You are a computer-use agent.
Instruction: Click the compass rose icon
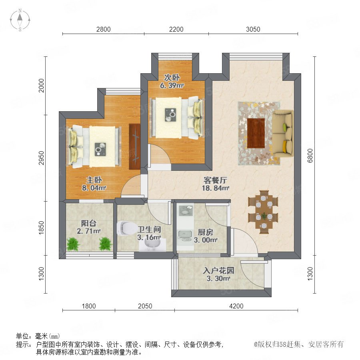coord(20,20)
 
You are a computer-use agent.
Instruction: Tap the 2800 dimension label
coord(103,29)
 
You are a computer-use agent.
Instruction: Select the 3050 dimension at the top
coord(253,29)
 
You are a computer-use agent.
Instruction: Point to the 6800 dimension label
coord(310,156)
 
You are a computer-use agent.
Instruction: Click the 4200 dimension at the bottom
coord(236,306)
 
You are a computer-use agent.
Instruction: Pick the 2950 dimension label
coord(41,158)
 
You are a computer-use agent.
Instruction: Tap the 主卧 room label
coord(94,180)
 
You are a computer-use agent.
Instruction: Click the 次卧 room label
coord(172,78)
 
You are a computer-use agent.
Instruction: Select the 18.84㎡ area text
coord(215,188)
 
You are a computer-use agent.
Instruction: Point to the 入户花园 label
coord(218,270)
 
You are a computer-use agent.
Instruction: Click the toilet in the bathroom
coord(126,228)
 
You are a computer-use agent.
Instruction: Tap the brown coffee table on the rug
coord(256,133)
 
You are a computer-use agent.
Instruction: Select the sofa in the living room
coord(283,134)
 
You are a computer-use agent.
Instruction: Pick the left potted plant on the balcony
coord(73,244)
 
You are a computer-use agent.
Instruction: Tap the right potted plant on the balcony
coord(105,244)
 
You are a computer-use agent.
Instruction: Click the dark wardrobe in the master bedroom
coord(134,147)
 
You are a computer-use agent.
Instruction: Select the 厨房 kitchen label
coord(205,232)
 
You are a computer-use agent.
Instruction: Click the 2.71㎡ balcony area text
coord(89,231)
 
